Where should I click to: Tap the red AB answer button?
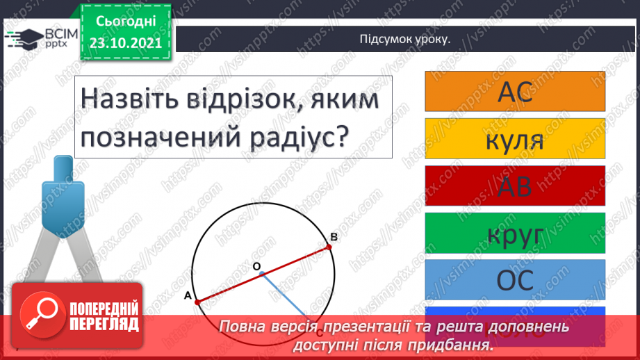(x=515, y=185)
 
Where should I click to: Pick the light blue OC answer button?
(x=515, y=279)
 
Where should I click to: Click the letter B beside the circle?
(x=334, y=237)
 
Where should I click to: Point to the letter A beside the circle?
(x=187, y=295)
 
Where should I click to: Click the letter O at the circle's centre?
(x=256, y=267)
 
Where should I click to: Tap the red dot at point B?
(x=329, y=246)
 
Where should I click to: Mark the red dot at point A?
(x=197, y=302)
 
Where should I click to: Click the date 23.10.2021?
(x=126, y=42)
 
